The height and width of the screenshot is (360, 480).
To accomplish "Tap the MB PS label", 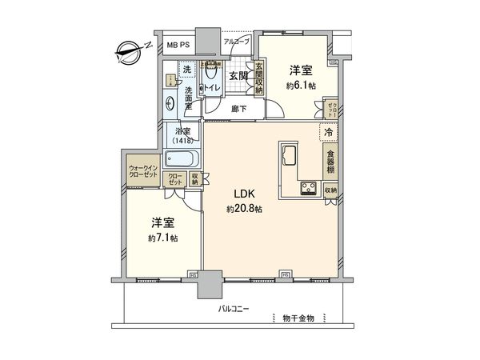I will [x=177, y=46].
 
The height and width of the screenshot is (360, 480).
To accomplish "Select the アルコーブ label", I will [x=237, y=41].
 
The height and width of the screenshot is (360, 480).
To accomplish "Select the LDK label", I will [x=244, y=194].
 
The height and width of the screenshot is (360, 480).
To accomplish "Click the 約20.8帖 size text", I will [x=244, y=210].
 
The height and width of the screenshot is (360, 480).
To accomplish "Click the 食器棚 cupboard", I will [x=330, y=162].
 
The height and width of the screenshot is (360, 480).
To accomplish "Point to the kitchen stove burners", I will [x=307, y=189].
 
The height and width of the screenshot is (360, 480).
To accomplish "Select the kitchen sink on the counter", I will [x=288, y=153].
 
